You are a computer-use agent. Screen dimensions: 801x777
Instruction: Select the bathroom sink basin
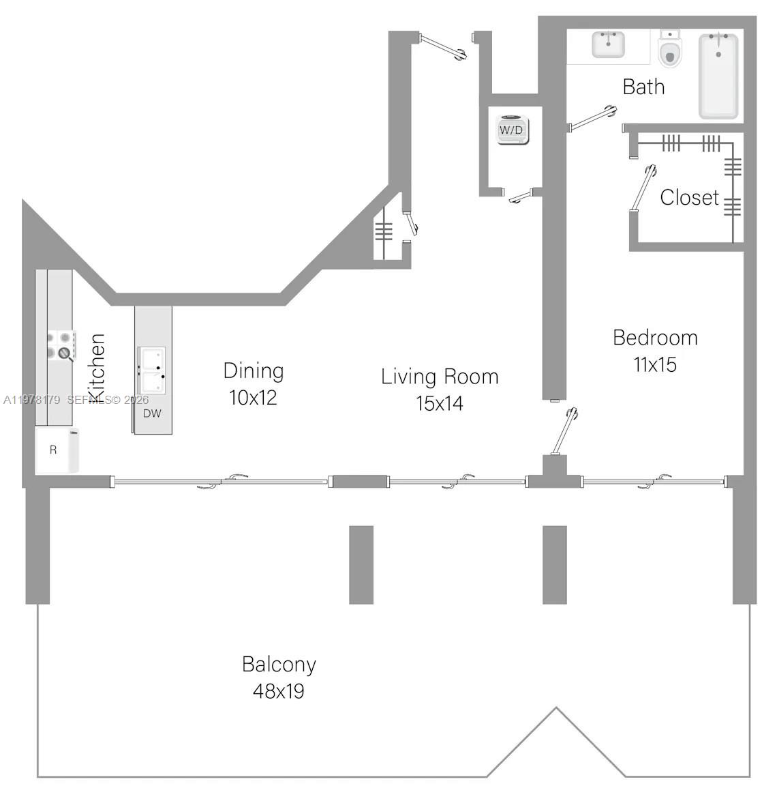click(607, 45)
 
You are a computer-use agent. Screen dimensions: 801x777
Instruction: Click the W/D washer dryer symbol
click(512, 129)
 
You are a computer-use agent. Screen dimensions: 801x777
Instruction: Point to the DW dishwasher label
click(152, 413)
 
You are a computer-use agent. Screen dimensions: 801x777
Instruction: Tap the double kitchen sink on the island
click(151, 370)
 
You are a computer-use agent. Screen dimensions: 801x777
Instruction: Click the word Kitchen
click(97, 368)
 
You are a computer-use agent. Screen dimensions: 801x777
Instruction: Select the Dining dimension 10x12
click(253, 398)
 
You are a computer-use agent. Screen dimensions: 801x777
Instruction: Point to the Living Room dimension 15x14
click(440, 403)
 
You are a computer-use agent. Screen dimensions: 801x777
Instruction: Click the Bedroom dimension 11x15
click(655, 364)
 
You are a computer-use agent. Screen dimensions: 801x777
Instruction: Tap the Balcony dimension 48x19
click(278, 691)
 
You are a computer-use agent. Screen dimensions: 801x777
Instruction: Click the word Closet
click(689, 197)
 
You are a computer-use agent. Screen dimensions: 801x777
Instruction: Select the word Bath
click(643, 87)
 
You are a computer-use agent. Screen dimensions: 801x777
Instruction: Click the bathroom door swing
click(592, 117)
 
